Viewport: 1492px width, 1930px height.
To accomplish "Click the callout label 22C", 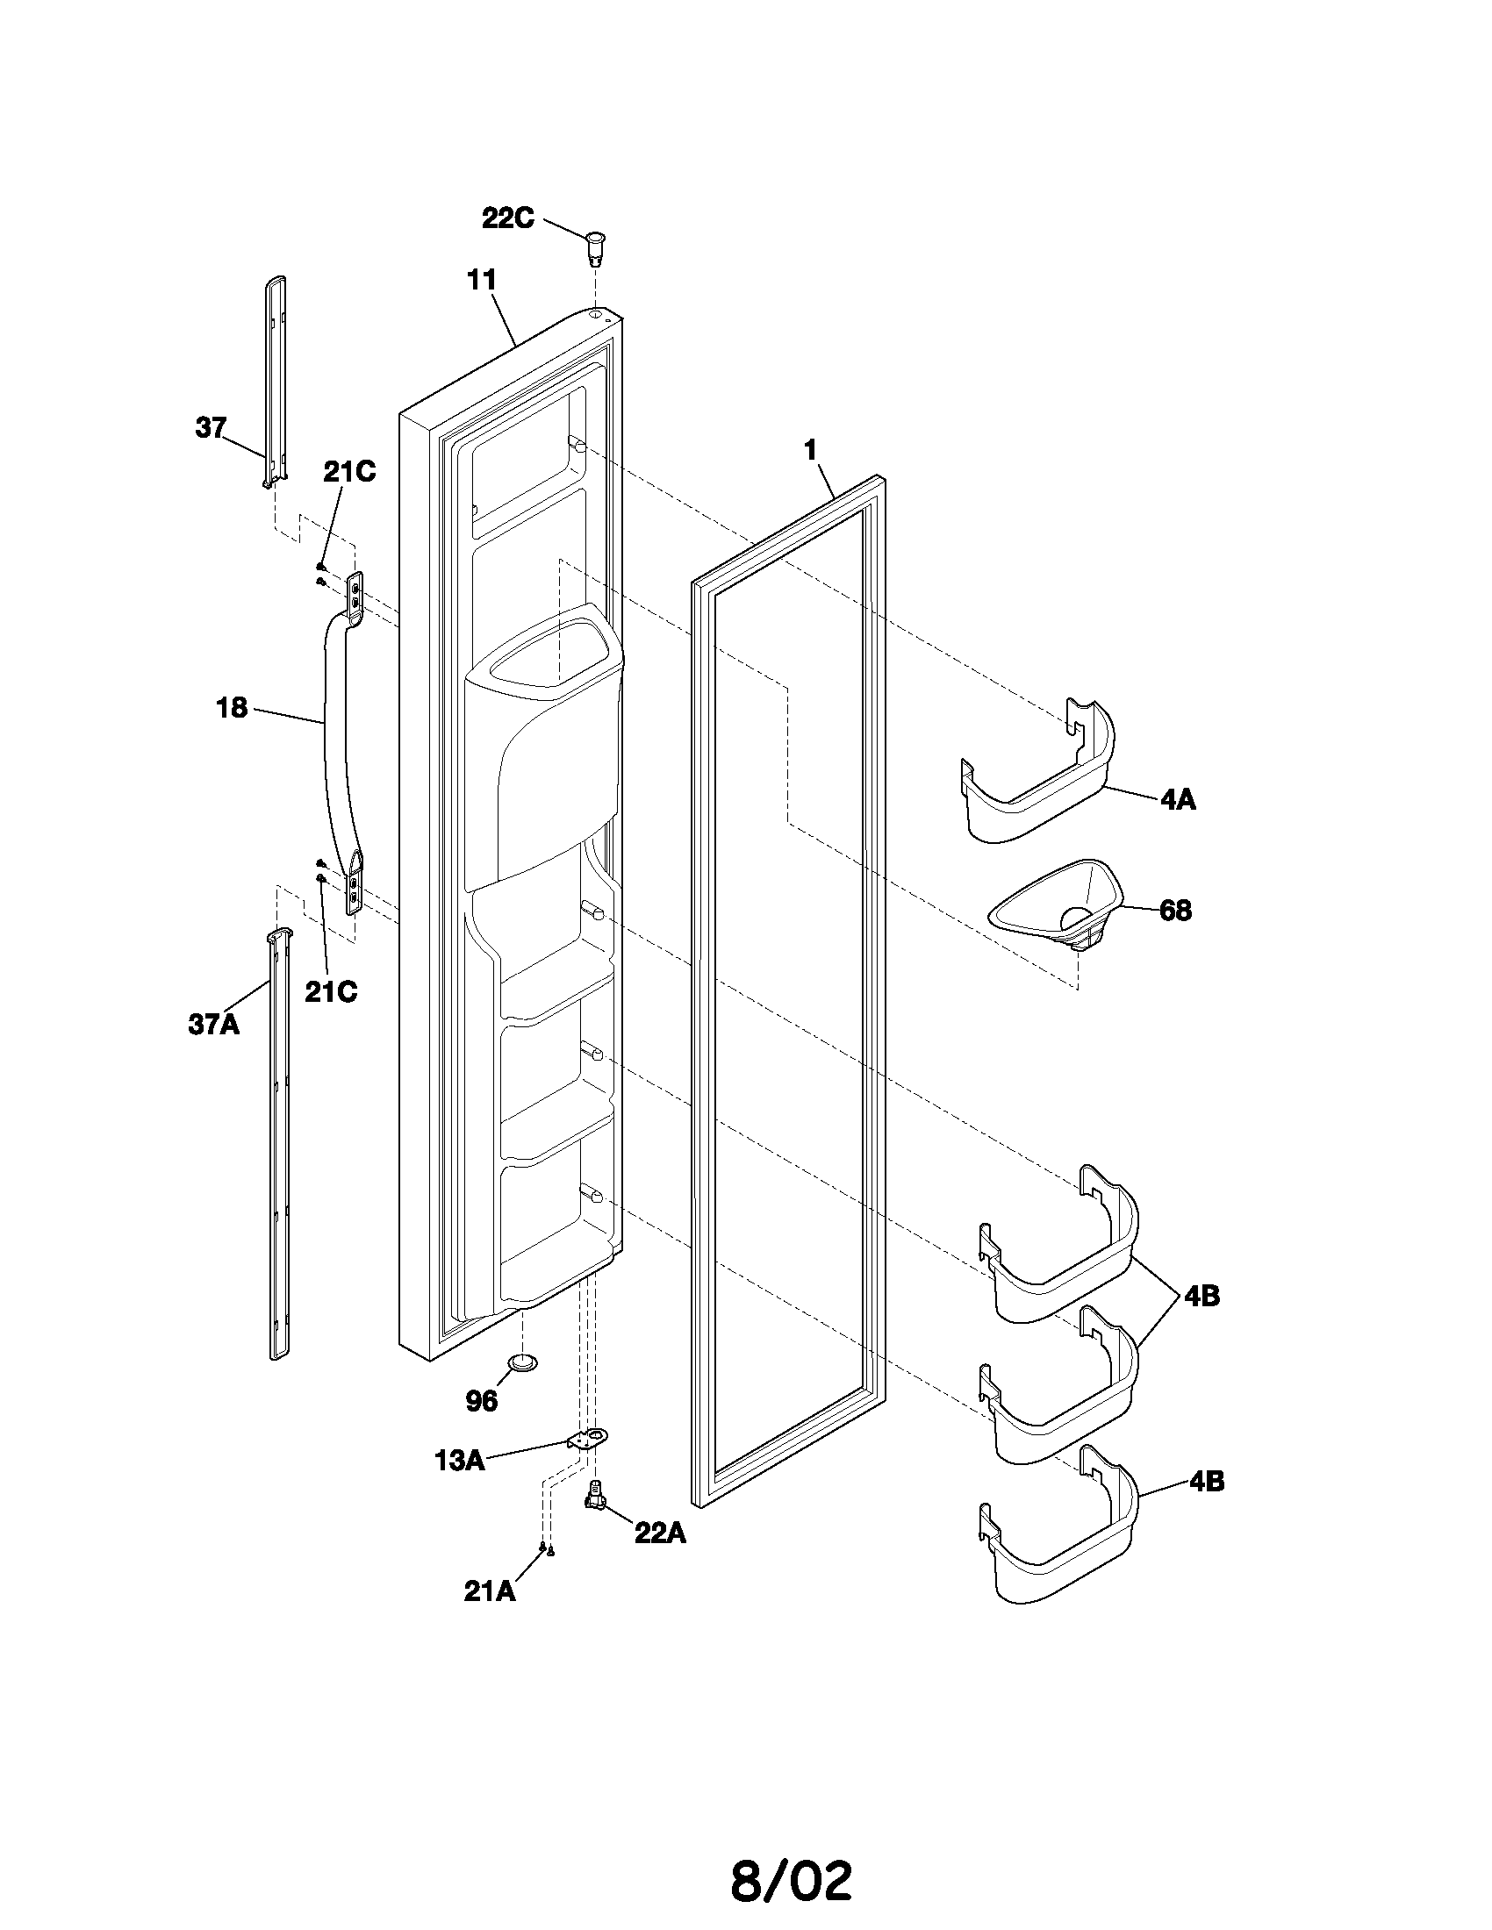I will coord(507,218).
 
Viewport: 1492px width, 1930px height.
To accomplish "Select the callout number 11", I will coord(482,280).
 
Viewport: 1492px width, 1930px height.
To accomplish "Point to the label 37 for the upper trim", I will coord(211,428).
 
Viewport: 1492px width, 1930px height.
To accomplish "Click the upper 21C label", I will coord(348,472).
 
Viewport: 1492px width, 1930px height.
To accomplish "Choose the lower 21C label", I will coord(331,991).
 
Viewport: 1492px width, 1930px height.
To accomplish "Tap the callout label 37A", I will coord(213,1025).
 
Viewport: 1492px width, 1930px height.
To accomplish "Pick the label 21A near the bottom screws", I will coord(489,1590).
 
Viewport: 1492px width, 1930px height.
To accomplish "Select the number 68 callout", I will coord(1174,911).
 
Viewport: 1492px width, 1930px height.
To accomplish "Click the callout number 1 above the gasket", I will coord(810,450).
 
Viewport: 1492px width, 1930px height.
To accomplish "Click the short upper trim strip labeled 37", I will coord(276,380).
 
